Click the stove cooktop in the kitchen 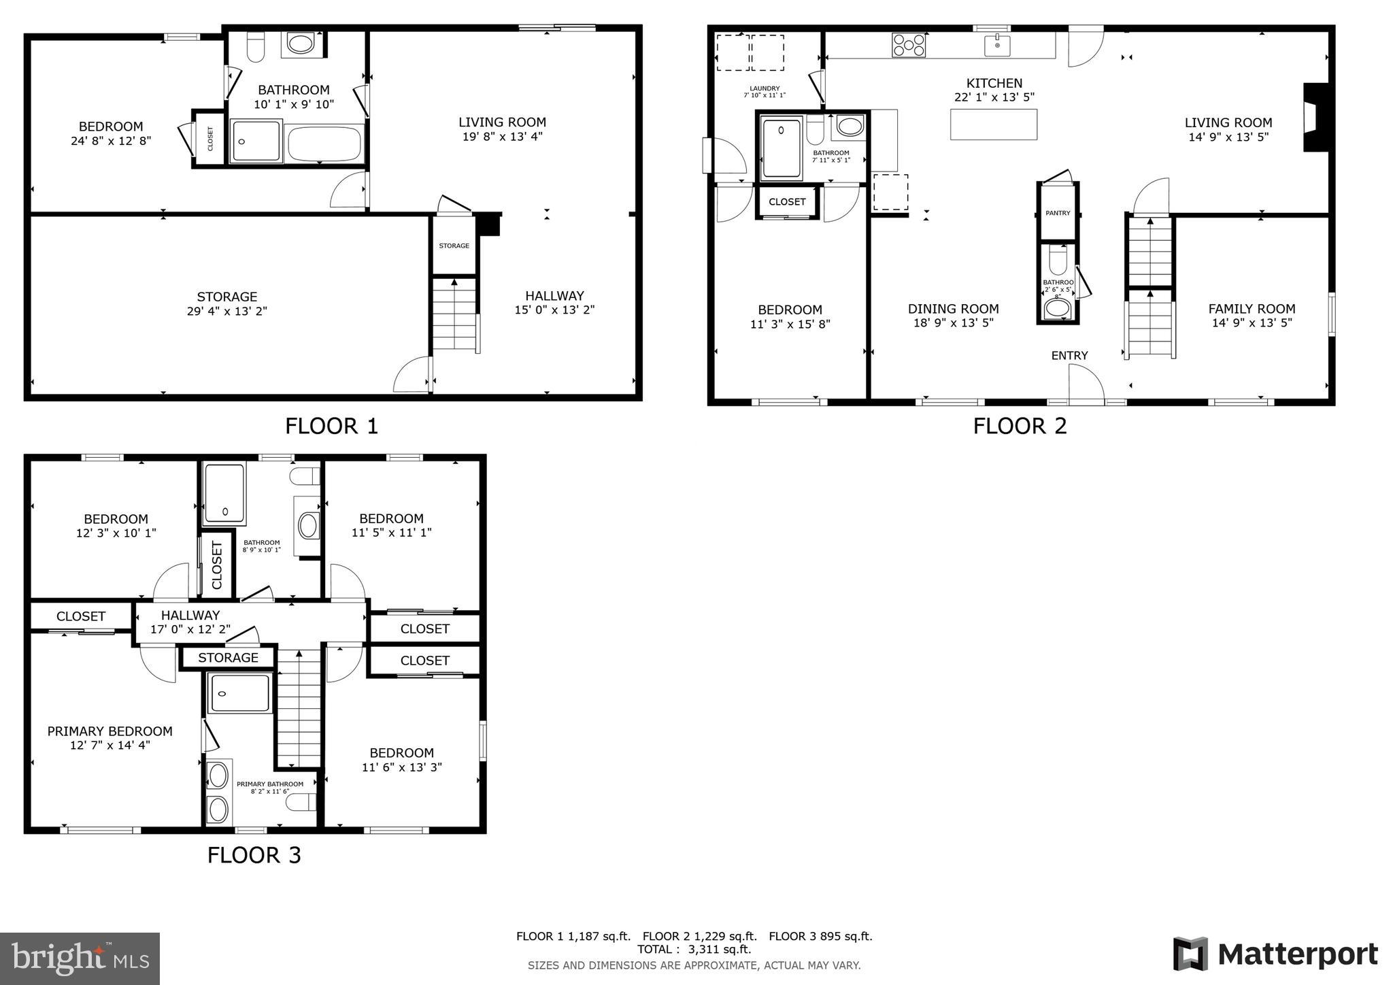[x=909, y=45]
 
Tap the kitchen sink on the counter [x=997, y=46]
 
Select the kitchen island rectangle [x=994, y=124]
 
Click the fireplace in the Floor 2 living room [x=1315, y=117]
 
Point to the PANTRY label [x=1058, y=213]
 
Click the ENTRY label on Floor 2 [x=1069, y=355]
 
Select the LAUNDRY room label [x=765, y=88]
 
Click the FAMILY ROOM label [x=1252, y=308]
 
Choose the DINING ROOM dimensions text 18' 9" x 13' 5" [x=953, y=323]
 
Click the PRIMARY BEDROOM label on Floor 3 [x=110, y=731]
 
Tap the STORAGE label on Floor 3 [x=228, y=658]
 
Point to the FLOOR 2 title [x=1020, y=426]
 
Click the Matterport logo [x=1275, y=954]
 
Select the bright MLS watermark [x=80, y=958]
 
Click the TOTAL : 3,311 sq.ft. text [x=694, y=950]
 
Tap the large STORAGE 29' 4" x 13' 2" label [x=226, y=304]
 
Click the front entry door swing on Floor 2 [x=1086, y=384]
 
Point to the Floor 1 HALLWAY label [x=554, y=296]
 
